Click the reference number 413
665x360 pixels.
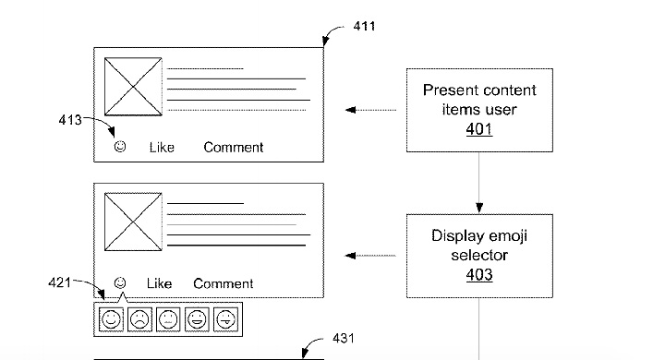click(x=70, y=119)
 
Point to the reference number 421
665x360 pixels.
click(x=59, y=283)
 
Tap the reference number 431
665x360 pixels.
click(x=344, y=340)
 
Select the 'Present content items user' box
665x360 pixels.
click(x=478, y=110)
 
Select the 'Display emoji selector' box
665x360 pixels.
click(x=478, y=256)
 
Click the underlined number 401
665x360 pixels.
click(x=478, y=130)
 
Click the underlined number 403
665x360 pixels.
click(x=478, y=275)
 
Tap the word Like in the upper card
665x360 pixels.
click(x=163, y=147)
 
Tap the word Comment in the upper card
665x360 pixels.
click(x=234, y=147)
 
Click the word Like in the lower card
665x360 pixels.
click(x=160, y=283)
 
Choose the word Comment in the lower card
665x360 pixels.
click(x=224, y=283)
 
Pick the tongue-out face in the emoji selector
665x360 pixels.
click(x=225, y=320)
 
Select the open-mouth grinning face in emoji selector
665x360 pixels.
click(x=197, y=320)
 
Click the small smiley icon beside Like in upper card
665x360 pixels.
click(x=119, y=147)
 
